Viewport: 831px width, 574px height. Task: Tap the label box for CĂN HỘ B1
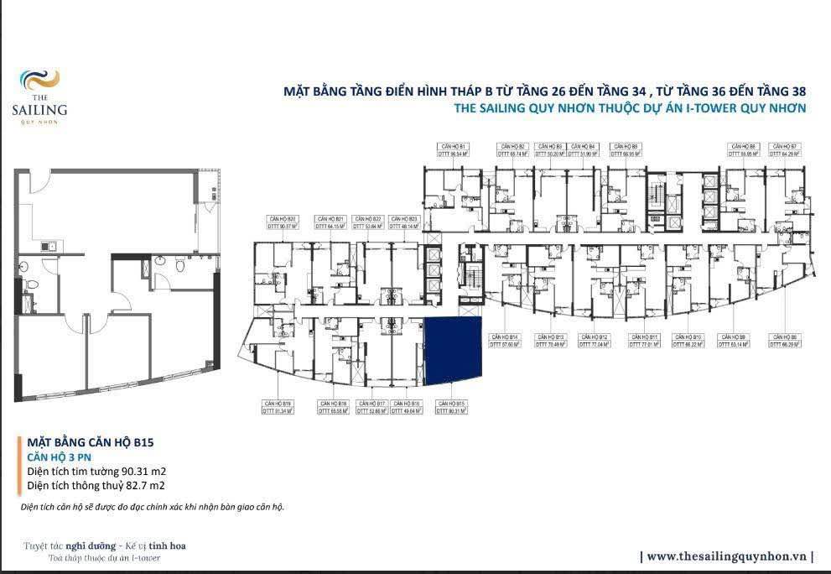coord(452,150)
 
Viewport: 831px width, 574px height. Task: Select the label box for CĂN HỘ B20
coord(282,222)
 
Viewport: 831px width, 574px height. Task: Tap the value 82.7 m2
coord(145,485)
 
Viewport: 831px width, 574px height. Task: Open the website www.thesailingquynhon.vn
coord(726,556)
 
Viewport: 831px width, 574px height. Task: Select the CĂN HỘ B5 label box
coord(623,150)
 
